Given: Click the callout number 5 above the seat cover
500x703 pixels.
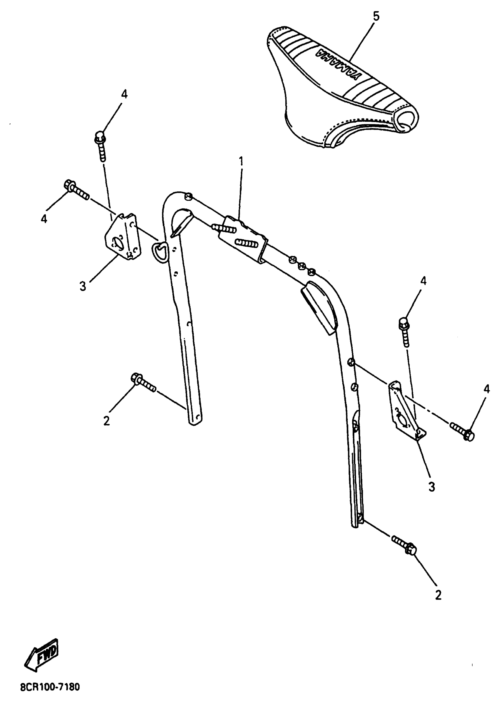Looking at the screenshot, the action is point(376,16).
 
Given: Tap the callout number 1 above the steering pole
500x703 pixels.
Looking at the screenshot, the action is point(241,161).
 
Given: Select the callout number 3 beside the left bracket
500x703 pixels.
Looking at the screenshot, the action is point(83,287).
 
